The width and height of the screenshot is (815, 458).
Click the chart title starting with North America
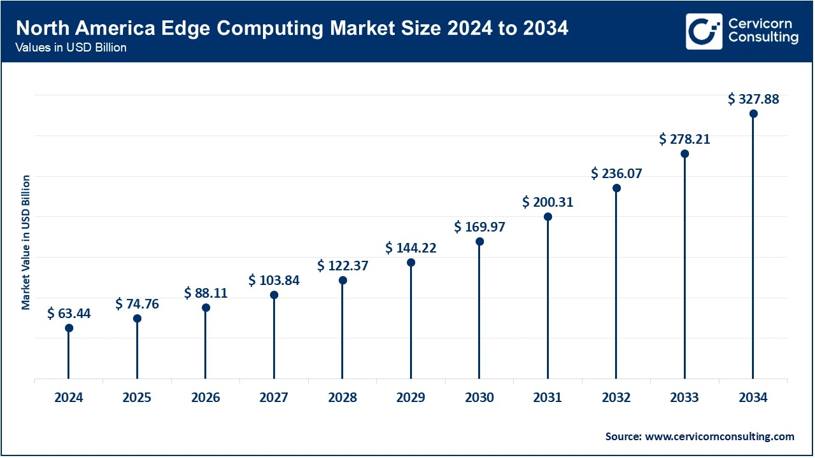coord(292,28)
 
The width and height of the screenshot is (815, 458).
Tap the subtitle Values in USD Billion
coord(71,48)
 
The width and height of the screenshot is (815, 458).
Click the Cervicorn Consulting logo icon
coord(704,31)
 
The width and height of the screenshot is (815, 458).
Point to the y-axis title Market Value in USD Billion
coord(26,242)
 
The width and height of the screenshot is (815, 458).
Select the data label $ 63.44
coord(69,313)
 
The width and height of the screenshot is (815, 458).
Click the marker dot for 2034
coord(753,114)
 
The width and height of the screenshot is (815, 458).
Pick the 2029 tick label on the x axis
coord(411,398)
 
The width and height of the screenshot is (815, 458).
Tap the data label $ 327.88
coord(753,99)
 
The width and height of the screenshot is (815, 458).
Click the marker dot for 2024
coord(69,328)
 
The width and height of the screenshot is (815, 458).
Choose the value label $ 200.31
coord(548,202)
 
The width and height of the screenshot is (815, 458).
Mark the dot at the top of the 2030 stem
coord(479,242)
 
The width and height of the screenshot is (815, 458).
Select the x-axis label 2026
coord(206,398)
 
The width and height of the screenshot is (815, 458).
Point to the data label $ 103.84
coord(274,280)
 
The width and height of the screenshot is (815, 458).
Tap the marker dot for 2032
coord(616,188)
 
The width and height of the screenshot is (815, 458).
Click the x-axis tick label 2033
coord(684,398)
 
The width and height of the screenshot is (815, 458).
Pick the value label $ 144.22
coord(411,248)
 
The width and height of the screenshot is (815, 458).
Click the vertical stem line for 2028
coord(343,331)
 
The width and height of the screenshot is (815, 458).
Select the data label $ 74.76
coord(137,304)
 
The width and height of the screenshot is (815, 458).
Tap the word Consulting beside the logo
coord(763,38)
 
